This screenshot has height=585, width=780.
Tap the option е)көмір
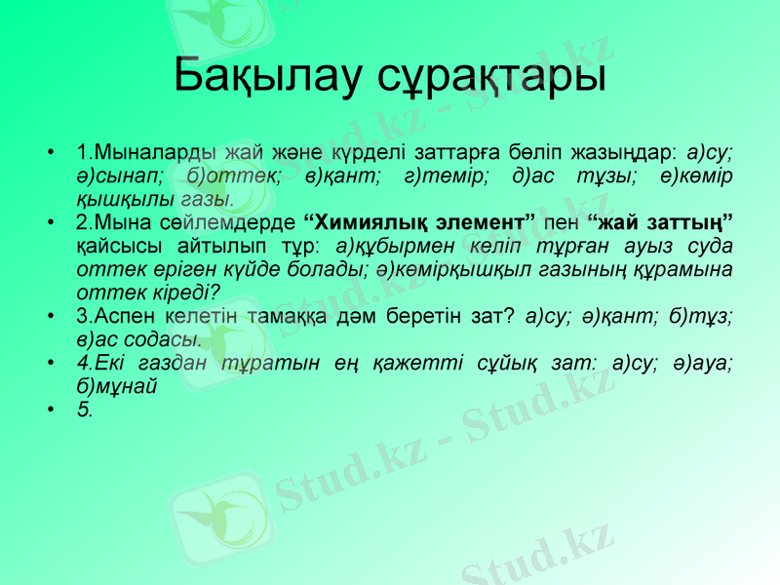point(699,175)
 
